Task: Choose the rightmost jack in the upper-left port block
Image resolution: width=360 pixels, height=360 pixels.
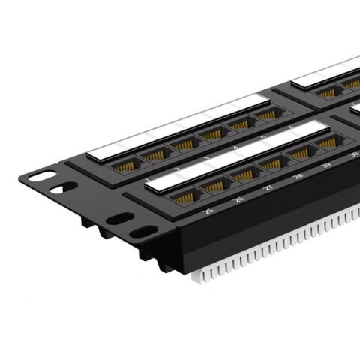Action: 268,115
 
